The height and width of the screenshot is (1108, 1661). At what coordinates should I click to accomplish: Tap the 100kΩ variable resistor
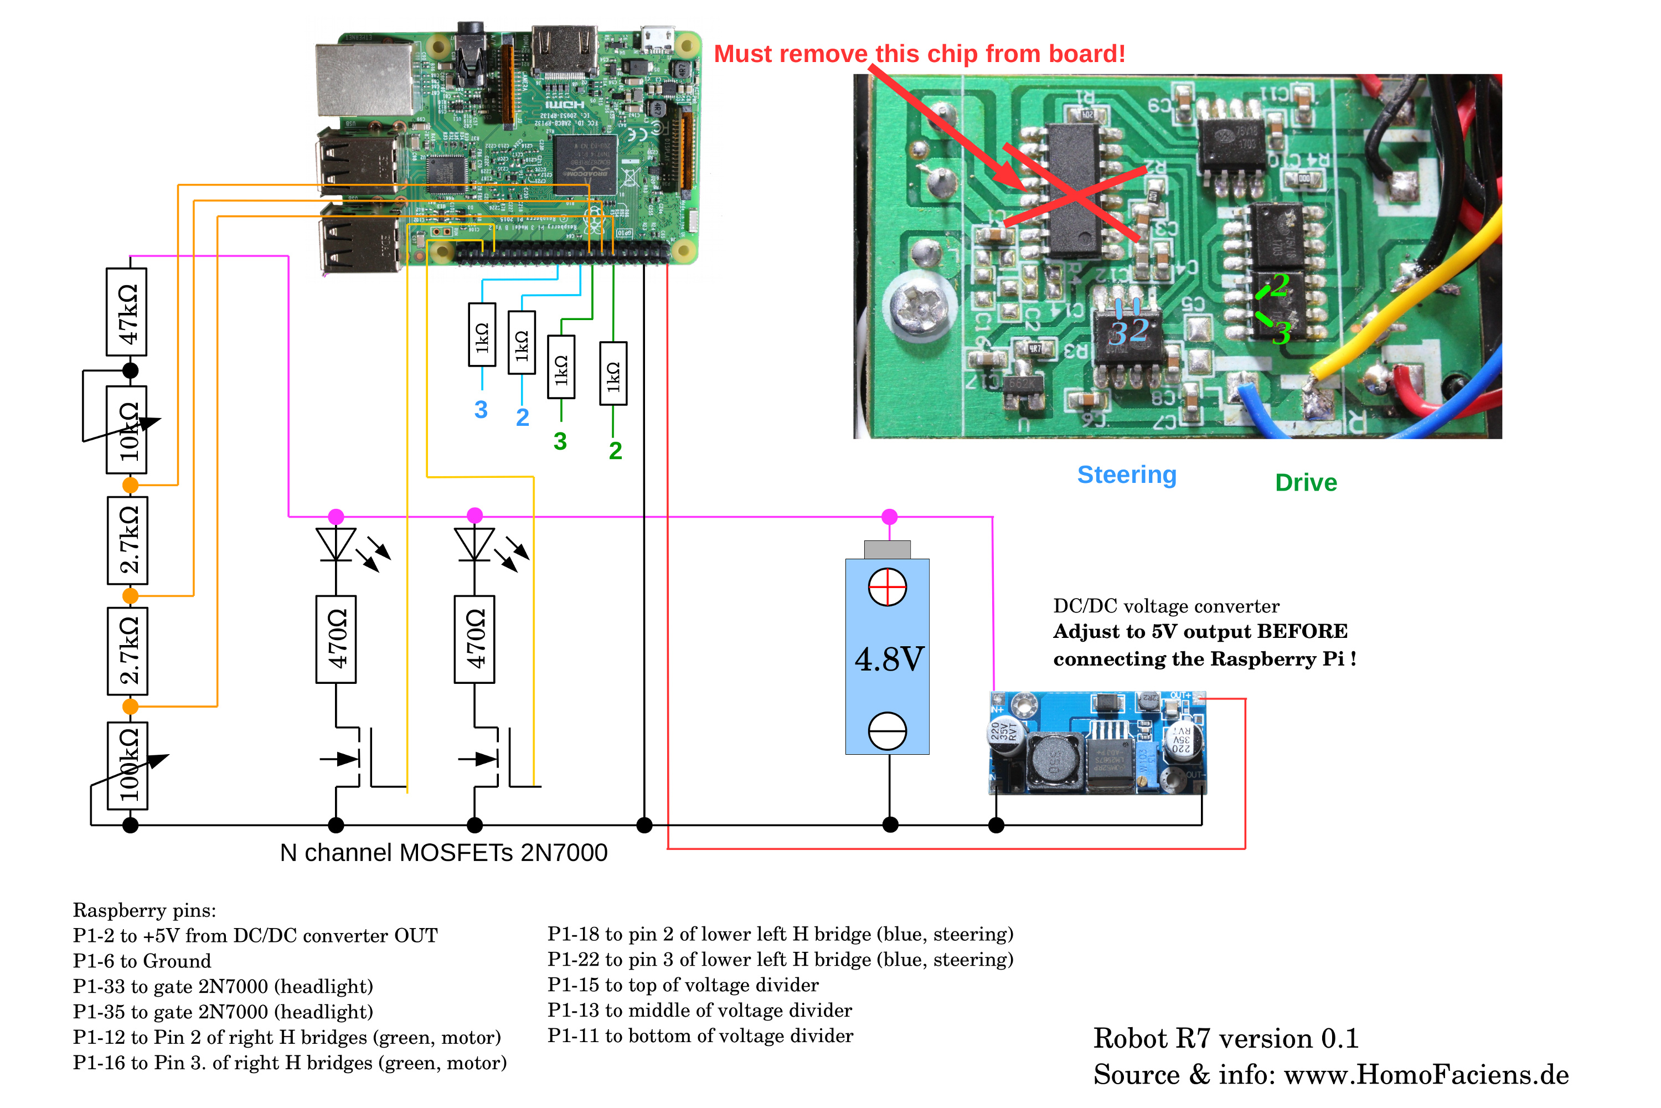(127, 766)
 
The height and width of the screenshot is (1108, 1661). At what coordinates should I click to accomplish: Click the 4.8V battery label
(889, 659)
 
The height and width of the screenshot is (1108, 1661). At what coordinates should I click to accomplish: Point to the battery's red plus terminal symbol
(888, 587)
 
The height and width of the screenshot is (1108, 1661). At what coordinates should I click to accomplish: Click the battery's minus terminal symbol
(888, 731)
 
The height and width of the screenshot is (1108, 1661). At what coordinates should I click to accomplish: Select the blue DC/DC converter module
(1097, 744)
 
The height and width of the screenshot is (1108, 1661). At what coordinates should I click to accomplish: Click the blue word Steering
(1127, 475)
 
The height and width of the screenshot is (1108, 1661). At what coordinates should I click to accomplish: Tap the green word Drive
(1306, 483)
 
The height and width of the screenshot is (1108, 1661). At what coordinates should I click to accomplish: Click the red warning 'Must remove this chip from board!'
(919, 54)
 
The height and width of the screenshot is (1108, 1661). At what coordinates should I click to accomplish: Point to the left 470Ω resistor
(336, 640)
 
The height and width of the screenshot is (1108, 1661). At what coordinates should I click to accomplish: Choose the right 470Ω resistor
(475, 640)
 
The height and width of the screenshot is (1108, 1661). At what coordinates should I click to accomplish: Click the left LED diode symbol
(336, 545)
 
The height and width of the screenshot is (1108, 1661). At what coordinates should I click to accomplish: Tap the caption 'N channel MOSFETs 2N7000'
(443, 853)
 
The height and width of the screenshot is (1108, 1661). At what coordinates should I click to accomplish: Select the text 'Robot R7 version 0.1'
(1226, 1039)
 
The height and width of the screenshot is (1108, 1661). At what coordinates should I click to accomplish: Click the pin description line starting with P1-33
(223, 987)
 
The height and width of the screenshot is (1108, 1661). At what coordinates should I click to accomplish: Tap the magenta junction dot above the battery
(890, 517)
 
